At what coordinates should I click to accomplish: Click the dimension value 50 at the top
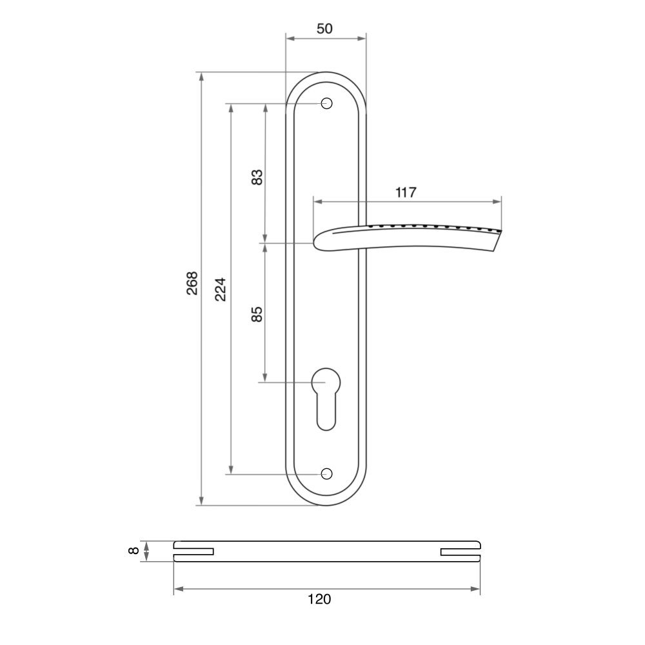[324, 28]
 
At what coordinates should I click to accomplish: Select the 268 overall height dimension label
[192, 283]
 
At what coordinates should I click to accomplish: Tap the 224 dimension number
[221, 290]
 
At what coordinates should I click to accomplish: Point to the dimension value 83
[257, 177]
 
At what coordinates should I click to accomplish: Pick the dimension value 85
[257, 314]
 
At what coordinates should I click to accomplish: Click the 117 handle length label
[406, 192]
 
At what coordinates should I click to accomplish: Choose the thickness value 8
[134, 550]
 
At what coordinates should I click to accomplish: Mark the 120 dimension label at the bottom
[319, 599]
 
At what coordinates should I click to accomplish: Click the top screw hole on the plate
[326, 103]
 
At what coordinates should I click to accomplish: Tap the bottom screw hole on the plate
[326, 474]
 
